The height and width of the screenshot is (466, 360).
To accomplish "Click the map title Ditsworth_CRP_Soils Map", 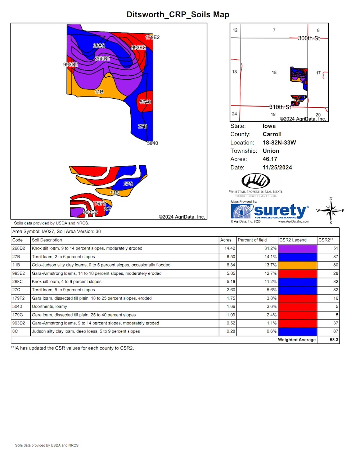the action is point(178,14).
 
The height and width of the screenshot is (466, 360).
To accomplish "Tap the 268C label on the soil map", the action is point(99,46).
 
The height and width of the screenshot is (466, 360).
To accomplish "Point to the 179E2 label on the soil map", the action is point(152,37).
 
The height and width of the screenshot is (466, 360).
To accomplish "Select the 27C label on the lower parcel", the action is point(128,184).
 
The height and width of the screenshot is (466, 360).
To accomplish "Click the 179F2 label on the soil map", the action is point(99,203).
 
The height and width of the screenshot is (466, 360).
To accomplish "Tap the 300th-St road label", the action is point(309,39).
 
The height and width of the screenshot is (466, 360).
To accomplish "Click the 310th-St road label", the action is point(280,107).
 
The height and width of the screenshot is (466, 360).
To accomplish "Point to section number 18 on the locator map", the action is point(274,72).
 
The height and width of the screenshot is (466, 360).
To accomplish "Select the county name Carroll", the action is point(272,134).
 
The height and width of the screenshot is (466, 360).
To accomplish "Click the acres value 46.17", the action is point(270,159).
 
